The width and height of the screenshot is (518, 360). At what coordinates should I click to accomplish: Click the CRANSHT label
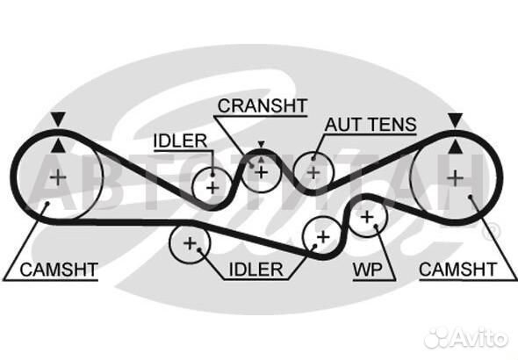coord(263,105)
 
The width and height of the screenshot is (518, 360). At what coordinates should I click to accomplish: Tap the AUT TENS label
coord(371,125)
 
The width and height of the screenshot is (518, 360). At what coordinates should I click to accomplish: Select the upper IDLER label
coord(180,141)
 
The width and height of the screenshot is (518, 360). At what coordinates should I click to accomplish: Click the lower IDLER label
coord(255,270)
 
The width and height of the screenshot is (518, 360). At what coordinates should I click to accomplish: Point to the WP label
coord(367,270)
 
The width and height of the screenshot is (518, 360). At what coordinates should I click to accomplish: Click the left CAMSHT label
coord(59,270)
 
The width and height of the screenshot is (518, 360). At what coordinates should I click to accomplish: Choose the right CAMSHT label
coord(458,270)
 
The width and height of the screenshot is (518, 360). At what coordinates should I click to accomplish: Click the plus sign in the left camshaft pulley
coord(58,177)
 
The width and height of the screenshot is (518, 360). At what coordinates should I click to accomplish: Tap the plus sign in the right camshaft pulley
coord(456,178)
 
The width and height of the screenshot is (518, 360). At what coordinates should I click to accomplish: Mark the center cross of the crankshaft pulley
coord(262,172)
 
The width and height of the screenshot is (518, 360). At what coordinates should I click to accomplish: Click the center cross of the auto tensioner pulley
coord(313,173)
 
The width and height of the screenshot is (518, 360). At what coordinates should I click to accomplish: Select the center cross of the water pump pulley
coord(367,218)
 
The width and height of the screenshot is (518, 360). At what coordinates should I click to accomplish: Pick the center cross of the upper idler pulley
coord(212,188)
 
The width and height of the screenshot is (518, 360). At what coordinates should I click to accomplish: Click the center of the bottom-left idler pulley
coord(190,244)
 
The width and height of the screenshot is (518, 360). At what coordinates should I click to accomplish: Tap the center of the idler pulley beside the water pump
coord(323,237)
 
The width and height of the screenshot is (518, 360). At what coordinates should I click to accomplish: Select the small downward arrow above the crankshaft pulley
coord(262,144)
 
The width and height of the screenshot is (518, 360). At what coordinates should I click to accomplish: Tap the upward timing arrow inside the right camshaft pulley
coord(456,147)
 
